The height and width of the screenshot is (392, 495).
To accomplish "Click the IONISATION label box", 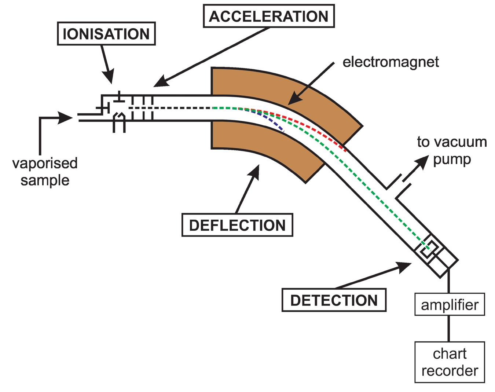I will pyautogui.click(x=106, y=34).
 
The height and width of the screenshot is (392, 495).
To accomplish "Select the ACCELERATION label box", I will pyautogui.click(x=269, y=16).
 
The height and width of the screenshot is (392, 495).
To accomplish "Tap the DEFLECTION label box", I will pyautogui.click(x=237, y=225).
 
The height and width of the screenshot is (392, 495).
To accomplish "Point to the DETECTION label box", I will pyautogui.click(x=334, y=300).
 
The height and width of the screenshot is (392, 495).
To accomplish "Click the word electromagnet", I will pyautogui.click(x=390, y=62).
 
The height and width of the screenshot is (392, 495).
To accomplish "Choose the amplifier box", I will pyautogui.click(x=450, y=304).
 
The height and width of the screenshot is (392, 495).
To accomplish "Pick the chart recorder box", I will pyautogui.click(x=450, y=362).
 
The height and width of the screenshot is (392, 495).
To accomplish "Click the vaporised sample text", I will pyautogui.click(x=45, y=172).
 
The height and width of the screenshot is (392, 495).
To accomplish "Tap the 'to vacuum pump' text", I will pyautogui.click(x=452, y=150).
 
